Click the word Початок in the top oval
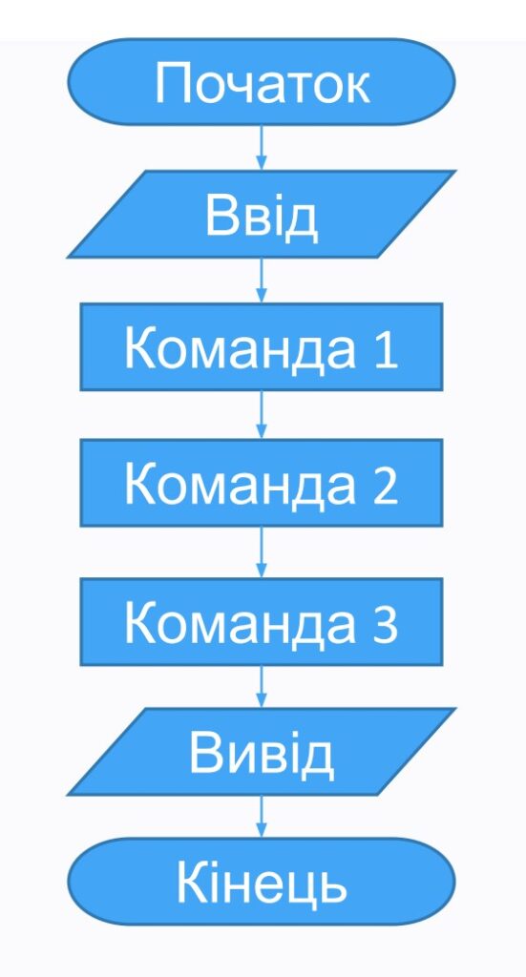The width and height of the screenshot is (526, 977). point(263,84)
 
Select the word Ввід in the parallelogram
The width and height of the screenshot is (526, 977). point(262,218)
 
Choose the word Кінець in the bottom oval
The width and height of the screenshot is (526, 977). point(262,883)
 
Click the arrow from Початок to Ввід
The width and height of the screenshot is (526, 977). point(262,147)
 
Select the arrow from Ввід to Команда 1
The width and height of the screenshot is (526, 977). point(262,281)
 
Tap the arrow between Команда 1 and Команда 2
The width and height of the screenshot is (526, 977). point(262,415)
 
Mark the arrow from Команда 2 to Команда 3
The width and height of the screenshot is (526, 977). point(262,552)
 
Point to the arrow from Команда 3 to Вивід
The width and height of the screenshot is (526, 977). point(262,687)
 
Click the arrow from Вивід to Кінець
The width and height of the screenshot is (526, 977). point(262,817)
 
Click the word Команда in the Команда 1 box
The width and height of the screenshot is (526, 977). point(240,349)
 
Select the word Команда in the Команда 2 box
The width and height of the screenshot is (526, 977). point(240,485)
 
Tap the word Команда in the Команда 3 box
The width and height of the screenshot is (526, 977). point(240,624)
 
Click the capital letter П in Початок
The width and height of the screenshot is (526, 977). point(171,84)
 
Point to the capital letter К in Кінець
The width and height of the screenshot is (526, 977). point(191,883)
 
